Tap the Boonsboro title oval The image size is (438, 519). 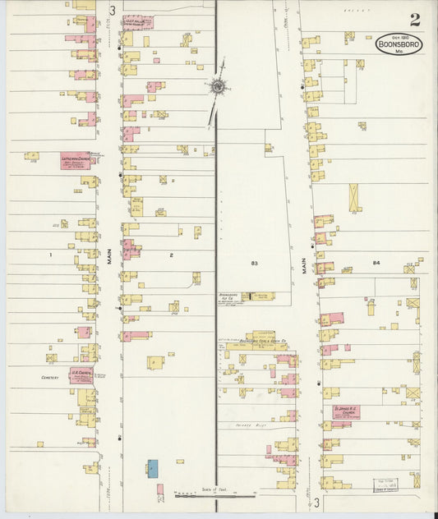[399, 45]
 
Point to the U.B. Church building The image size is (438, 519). [81, 375]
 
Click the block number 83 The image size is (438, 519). [255, 263]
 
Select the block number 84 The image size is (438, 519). [376, 263]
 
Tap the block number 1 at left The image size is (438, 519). [50, 255]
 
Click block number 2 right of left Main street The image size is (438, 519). [172, 255]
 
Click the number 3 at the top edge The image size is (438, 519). [111, 10]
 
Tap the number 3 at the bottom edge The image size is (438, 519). [315, 502]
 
